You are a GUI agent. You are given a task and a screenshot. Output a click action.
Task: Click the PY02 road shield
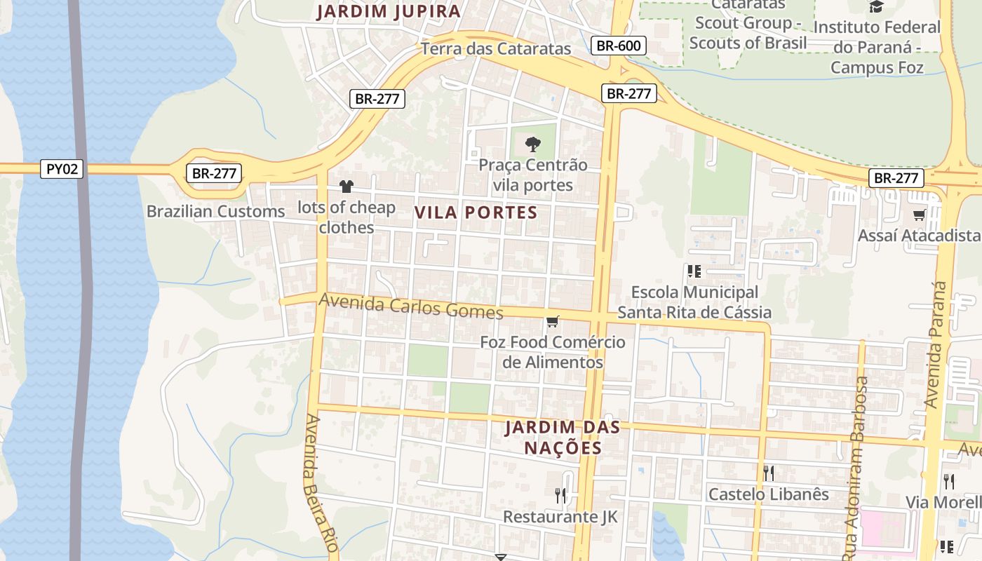[x=62, y=169]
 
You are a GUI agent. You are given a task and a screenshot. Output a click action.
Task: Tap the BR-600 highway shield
[x=618, y=46]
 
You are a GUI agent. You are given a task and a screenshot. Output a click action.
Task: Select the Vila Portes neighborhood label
[x=476, y=212]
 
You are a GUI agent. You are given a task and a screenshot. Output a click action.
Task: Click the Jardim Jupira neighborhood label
[x=389, y=11]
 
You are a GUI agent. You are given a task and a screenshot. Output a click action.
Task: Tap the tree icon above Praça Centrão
[x=533, y=144]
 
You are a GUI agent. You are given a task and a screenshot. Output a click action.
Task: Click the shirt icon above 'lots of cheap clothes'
[x=347, y=187]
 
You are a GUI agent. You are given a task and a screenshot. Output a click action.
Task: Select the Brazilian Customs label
[x=215, y=211]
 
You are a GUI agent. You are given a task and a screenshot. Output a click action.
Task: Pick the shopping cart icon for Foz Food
[x=553, y=322]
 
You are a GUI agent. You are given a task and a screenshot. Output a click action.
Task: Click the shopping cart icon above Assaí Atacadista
[x=919, y=215]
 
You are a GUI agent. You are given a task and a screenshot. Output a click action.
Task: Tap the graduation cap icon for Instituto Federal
[x=876, y=7]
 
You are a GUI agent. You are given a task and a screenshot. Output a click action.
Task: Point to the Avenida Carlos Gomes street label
[x=411, y=306]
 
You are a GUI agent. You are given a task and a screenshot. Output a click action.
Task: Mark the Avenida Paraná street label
[x=936, y=344]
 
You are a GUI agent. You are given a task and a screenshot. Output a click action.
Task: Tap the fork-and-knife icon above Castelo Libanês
[x=769, y=473]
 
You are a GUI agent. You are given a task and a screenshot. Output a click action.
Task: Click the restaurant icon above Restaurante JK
[x=560, y=496]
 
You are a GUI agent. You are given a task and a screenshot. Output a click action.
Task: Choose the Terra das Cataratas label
[x=496, y=48]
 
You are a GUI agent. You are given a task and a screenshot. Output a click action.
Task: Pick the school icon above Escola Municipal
[x=694, y=271]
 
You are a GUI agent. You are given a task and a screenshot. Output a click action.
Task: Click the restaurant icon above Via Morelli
[x=949, y=481]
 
